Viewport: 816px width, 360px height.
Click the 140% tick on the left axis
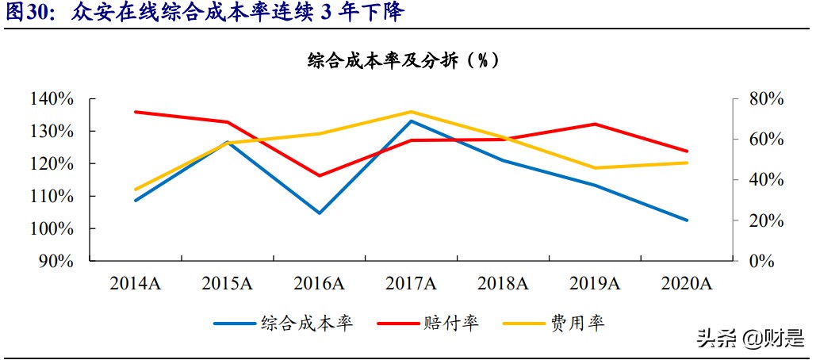(x=53, y=99)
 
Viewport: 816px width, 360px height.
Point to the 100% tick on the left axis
(x=53, y=228)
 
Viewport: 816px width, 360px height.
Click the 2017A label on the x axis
(x=411, y=284)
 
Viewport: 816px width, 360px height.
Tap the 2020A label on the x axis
(x=686, y=284)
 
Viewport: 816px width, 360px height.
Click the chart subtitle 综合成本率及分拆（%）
(x=405, y=61)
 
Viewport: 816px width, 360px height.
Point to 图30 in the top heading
(x=25, y=13)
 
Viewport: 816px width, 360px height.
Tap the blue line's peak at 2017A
(x=411, y=121)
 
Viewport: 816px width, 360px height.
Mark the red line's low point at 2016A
(x=320, y=175)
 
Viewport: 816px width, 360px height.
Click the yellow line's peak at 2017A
(x=411, y=112)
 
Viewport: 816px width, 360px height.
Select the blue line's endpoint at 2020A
(x=687, y=220)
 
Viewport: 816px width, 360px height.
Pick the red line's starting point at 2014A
(x=136, y=112)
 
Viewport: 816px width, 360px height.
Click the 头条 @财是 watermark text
(x=749, y=339)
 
